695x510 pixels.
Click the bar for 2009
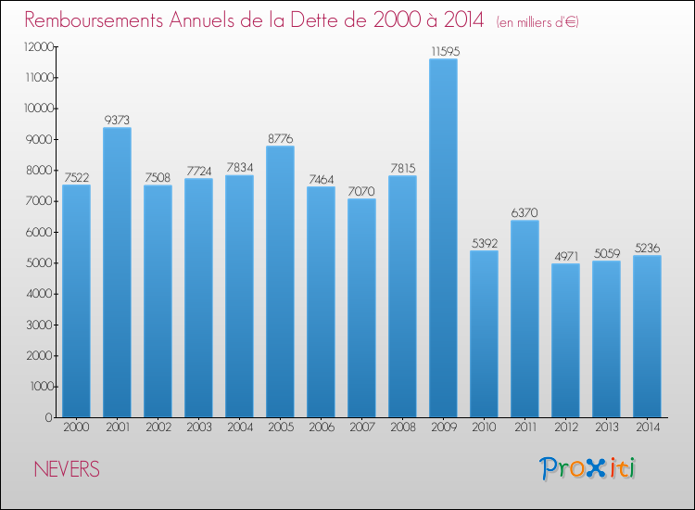[x=443, y=238]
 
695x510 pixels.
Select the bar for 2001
[x=117, y=273]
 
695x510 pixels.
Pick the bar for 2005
[x=280, y=282]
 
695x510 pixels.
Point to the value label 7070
[x=361, y=191]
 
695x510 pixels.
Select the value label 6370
[x=524, y=212]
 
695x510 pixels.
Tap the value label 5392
[x=484, y=243]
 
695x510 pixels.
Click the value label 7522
[x=76, y=177]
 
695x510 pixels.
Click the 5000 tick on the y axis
[x=38, y=263]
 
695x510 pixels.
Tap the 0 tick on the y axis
[x=47, y=417]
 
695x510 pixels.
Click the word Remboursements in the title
[x=98, y=19]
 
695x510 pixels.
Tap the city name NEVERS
[x=66, y=469]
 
